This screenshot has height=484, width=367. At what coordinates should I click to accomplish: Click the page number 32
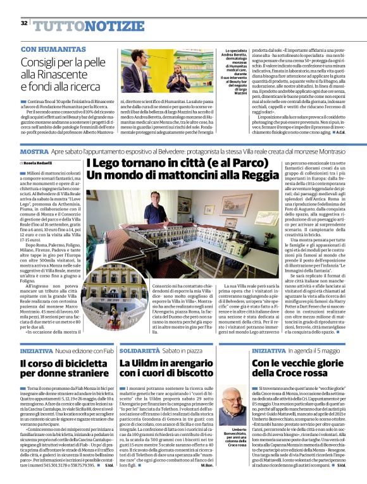24,23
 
